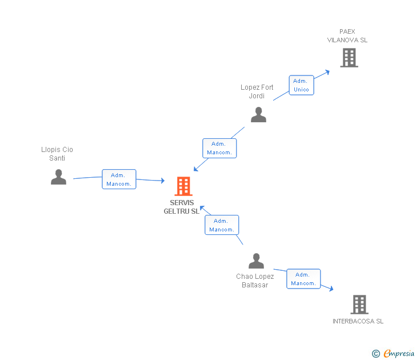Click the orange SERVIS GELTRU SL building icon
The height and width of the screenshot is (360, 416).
coord(183,186)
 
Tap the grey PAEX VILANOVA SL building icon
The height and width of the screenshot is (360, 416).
coord(349,58)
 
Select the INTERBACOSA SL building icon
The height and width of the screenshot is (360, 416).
coord(359,305)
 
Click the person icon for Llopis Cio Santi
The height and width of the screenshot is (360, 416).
coord(58,177)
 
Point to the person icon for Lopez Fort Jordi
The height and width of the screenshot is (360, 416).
coord(258,115)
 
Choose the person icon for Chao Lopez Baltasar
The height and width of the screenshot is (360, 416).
coord(256,261)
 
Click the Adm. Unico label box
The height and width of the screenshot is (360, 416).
coord(301,85)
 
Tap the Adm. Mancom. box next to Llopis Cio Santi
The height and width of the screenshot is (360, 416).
coord(119,179)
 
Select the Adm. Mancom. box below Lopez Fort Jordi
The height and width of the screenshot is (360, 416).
coord(219,148)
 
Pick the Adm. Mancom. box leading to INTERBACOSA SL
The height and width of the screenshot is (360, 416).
coord(303,279)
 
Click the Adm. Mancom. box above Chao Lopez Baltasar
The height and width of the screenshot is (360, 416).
coord(222,225)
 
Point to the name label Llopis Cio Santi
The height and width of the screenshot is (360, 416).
coord(57,154)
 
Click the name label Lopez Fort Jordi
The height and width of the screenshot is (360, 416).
coord(257,91)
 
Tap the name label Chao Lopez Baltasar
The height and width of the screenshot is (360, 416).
coord(255,281)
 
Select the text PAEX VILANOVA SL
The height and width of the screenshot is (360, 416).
coord(347,36)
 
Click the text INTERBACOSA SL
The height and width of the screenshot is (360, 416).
coord(358,321)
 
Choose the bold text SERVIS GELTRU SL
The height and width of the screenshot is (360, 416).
coord(182,207)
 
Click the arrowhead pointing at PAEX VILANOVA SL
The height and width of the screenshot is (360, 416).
coord(327,71)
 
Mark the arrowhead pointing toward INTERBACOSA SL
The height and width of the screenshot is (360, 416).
coord(330,289)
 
